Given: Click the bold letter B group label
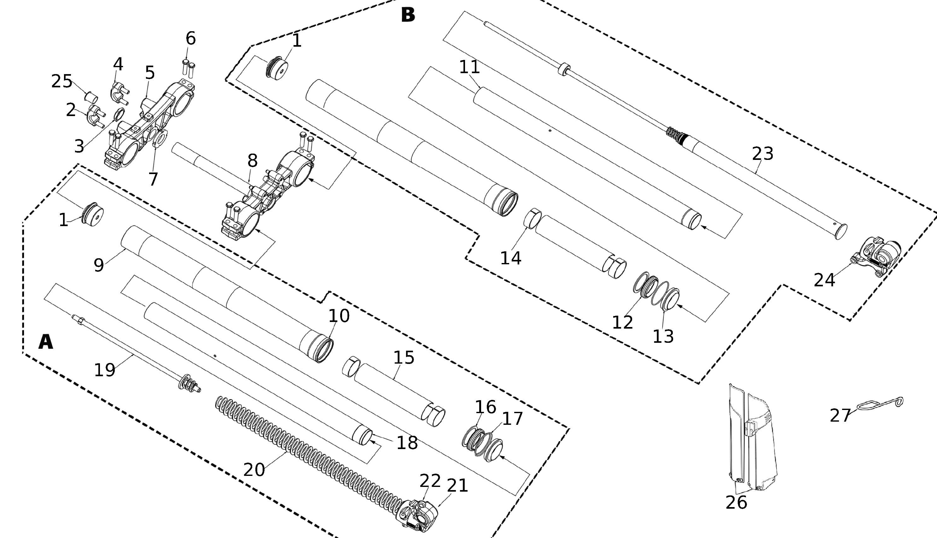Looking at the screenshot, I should click(408, 15).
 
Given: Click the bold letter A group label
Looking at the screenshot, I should click(46, 342).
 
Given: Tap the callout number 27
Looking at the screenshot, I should click(840, 416).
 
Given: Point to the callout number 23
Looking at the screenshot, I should click(763, 154).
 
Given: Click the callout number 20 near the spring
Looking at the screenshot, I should click(254, 470).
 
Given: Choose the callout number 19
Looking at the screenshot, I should click(105, 370).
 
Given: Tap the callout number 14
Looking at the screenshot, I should click(511, 258).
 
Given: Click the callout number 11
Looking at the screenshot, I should click(469, 67).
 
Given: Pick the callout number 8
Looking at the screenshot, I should click(253, 161).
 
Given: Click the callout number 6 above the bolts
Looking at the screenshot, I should click(190, 38).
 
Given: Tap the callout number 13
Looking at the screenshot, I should click(663, 336).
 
